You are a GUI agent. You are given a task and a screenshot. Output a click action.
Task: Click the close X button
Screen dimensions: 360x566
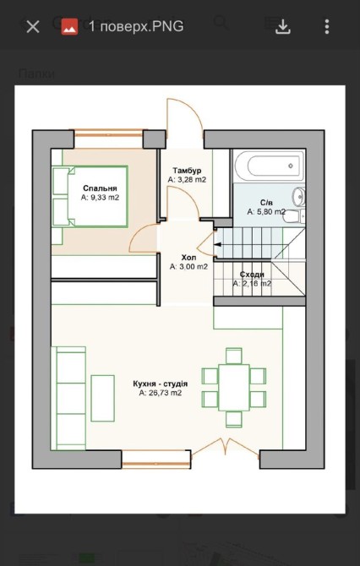click(x=33, y=27)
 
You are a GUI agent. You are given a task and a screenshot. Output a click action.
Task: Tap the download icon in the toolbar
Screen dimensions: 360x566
click(x=283, y=27)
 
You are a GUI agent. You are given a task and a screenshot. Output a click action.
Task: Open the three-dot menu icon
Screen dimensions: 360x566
click(x=326, y=27)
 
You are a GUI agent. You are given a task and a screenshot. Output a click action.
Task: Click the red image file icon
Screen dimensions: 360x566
click(x=69, y=27)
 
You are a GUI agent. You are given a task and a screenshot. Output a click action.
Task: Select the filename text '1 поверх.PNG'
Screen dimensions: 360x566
click(x=136, y=27)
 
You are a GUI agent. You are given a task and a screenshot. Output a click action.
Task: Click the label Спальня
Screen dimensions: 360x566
click(x=100, y=188)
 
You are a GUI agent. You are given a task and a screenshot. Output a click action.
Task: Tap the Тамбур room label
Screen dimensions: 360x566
click(x=187, y=171)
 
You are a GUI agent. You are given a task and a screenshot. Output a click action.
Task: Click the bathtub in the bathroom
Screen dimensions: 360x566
click(x=269, y=166)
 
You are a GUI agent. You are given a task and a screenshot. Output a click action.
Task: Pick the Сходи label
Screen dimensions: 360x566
click(x=252, y=275)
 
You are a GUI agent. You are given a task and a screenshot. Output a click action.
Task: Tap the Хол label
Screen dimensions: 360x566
click(x=188, y=258)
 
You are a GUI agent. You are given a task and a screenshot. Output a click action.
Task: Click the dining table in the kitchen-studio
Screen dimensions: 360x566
click(x=234, y=387)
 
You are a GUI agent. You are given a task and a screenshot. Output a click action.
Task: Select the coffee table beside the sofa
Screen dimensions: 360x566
click(x=102, y=398)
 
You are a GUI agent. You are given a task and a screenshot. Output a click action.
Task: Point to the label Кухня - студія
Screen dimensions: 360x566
click(x=160, y=384)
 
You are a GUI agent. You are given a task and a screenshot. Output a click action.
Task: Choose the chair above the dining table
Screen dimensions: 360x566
click(x=234, y=356)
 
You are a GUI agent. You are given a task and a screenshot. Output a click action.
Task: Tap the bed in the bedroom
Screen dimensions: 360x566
click(x=90, y=196)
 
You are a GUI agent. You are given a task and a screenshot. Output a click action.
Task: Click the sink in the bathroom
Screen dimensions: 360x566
click(x=298, y=197)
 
